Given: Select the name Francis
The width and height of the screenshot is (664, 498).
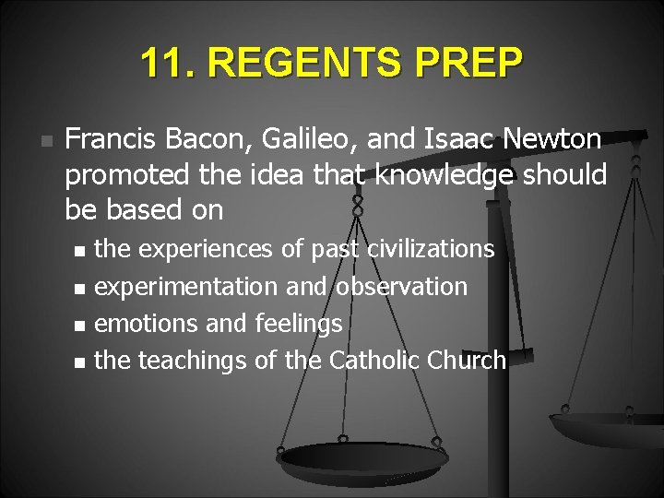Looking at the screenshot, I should pos(115,139).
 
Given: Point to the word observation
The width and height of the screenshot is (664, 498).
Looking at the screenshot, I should pos(401,287).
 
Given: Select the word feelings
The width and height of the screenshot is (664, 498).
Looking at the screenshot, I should pos(298,324).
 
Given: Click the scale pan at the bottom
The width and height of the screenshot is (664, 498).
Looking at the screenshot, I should pos(362,456).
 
